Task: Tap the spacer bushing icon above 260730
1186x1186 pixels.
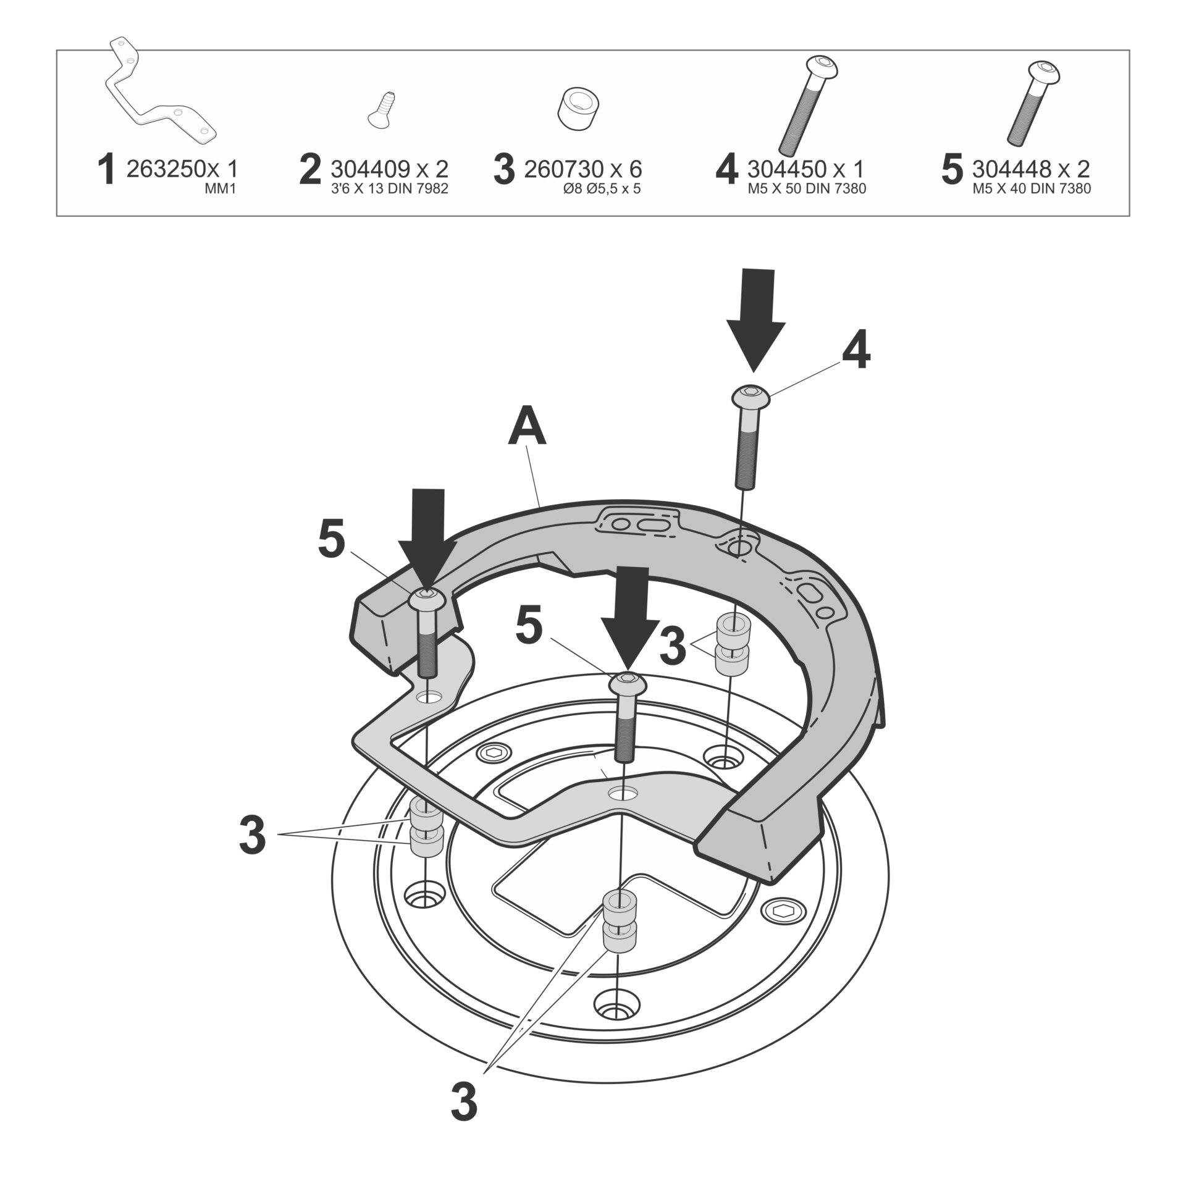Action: click(579, 109)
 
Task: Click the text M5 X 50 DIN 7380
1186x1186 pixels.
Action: click(806, 189)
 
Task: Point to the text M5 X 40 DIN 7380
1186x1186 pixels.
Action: click(1032, 189)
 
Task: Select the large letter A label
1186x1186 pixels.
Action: click(526, 429)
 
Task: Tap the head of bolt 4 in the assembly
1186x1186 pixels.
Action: click(751, 395)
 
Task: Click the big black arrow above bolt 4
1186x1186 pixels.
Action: click(755, 315)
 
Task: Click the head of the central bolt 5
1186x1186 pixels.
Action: click(628, 682)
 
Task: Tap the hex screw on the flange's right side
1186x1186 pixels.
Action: click(781, 909)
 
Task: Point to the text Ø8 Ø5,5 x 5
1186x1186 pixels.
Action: click(601, 189)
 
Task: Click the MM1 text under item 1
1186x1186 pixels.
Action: click(220, 189)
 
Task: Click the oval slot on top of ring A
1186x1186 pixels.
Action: click(652, 526)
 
